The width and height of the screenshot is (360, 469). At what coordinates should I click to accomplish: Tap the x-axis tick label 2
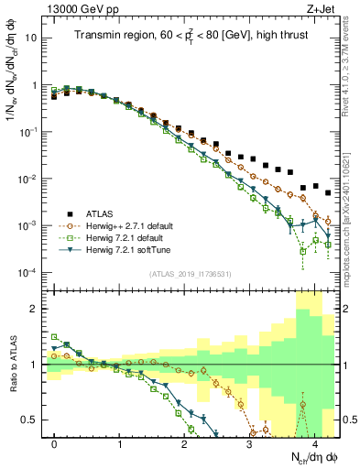185,441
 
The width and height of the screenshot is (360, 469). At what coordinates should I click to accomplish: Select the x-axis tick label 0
55,441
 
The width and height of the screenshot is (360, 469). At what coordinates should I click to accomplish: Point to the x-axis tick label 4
315,441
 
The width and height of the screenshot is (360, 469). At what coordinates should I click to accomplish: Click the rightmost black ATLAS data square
328,193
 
